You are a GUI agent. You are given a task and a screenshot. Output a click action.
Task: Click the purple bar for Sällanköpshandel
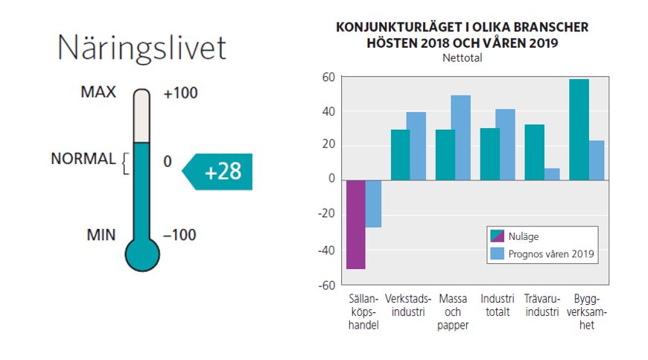pyautogui.click(x=356, y=224)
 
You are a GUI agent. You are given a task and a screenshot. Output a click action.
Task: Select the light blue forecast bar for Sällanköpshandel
pyautogui.click(x=374, y=203)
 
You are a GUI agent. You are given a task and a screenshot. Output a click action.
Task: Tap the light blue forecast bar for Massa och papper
pyautogui.click(x=461, y=137)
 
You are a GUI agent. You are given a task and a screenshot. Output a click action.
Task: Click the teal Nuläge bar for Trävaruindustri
pyautogui.click(x=534, y=152)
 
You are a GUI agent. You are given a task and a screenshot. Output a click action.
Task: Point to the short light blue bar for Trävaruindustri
pyautogui.click(x=552, y=174)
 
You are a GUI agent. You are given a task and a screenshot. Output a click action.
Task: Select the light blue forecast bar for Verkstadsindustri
pyautogui.click(x=416, y=145)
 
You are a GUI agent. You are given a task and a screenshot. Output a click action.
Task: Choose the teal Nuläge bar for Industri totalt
pyautogui.click(x=489, y=154)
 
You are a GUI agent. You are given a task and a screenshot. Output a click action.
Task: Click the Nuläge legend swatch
pyautogui.click(x=498, y=236)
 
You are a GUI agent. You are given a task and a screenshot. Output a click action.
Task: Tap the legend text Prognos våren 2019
pyautogui.click(x=552, y=254)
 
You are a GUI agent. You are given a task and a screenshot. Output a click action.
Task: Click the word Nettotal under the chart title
pyautogui.click(x=462, y=58)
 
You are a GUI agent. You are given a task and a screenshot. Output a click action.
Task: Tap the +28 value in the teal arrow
pyautogui.click(x=223, y=171)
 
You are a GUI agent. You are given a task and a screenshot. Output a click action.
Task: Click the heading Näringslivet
pyautogui.click(x=142, y=48)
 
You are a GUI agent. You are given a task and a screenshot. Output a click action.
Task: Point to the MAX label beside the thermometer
pyautogui.click(x=98, y=92)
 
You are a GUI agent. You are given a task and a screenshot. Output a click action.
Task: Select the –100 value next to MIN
pyautogui.click(x=180, y=235)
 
